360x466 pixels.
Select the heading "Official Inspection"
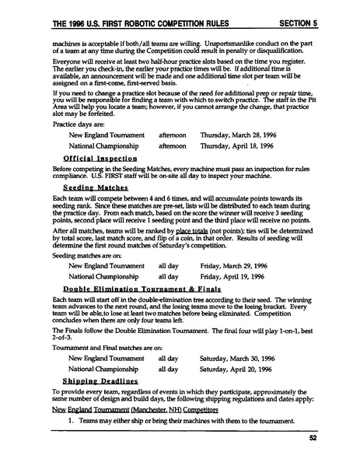point(94,157)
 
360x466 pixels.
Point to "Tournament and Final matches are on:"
point(102,348)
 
